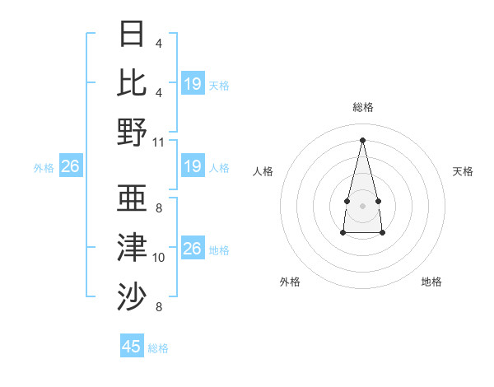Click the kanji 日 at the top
(x=133, y=35)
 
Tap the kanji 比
(x=133, y=82)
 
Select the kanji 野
(x=133, y=131)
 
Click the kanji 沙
(x=133, y=296)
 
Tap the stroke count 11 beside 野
(x=159, y=142)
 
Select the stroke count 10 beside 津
(x=159, y=258)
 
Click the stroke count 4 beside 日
(x=159, y=44)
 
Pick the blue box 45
(x=132, y=347)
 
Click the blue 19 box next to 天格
(x=193, y=83)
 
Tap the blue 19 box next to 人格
(x=193, y=166)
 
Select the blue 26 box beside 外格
(x=71, y=166)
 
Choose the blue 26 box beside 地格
(x=193, y=249)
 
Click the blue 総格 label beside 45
(x=158, y=348)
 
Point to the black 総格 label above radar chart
(x=363, y=107)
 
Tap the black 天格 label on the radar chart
(x=464, y=171)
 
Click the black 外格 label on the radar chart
(x=290, y=282)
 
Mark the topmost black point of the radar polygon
(x=363, y=138)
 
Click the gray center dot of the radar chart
(x=362, y=203)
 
